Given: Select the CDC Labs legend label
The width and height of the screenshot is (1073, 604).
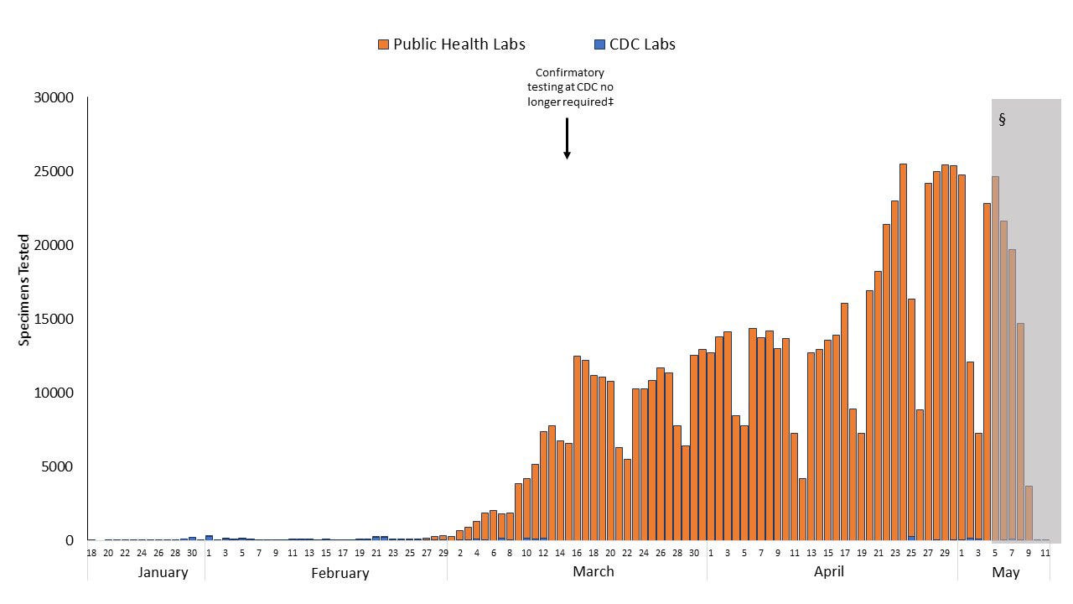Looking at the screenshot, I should (x=642, y=44).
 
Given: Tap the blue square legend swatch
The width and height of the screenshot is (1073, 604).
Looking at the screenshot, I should (x=599, y=44).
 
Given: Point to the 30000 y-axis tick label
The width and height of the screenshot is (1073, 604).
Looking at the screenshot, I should (x=54, y=98).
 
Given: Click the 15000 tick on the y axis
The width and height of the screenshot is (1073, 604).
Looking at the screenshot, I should (x=54, y=320).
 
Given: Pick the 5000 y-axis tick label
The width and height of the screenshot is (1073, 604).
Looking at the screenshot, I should (x=58, y=467).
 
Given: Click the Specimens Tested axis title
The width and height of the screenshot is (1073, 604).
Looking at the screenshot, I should (x=24, y=290).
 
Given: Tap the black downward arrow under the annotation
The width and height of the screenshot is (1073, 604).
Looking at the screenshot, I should (x=567, y=138).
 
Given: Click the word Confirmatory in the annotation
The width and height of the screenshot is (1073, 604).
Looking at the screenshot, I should (x=570, y=73).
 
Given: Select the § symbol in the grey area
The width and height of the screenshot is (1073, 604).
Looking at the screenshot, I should (x=1002, y=119).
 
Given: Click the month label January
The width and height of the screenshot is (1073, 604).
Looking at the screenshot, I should (x=163, y=572).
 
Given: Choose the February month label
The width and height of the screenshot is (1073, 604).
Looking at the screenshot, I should (x=340, y=573).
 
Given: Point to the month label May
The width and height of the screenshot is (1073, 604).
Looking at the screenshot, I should (x=1005, y=572).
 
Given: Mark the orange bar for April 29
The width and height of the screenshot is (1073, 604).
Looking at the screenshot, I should (x=945, y=352).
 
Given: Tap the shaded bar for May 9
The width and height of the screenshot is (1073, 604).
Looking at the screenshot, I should (x=1029, y=513).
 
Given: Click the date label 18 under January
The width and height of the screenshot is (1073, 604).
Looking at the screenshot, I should (x=91, y=553).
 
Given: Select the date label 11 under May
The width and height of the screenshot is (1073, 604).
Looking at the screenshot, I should (x=1045, y=553).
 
